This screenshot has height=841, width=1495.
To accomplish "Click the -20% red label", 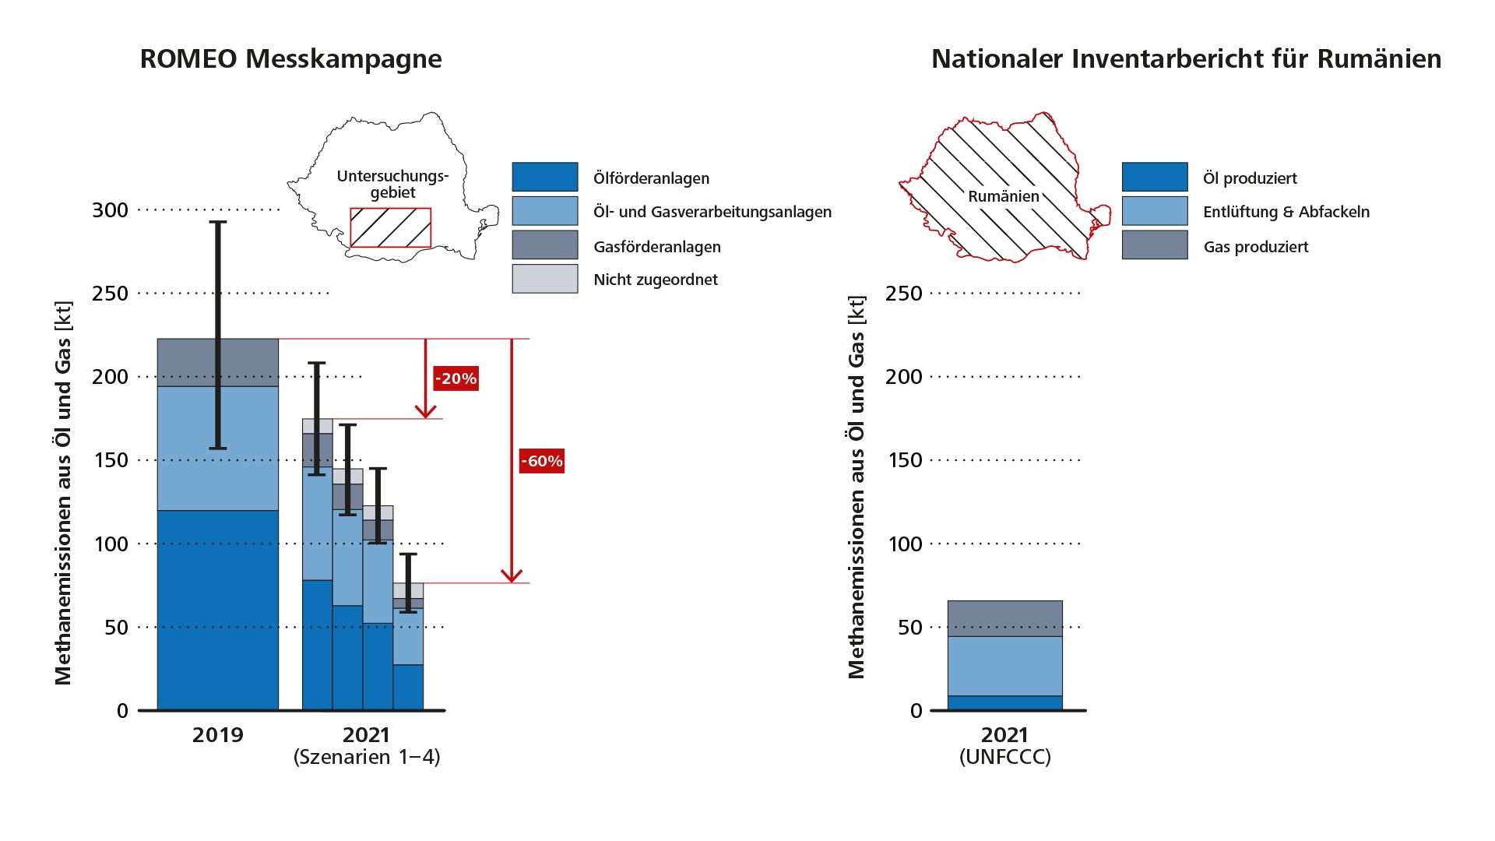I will (456, 379).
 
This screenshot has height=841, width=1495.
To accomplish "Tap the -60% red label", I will (541, 461).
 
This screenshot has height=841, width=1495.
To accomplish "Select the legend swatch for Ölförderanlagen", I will (544, 177).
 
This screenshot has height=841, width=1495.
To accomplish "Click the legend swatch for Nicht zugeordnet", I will (544, 279).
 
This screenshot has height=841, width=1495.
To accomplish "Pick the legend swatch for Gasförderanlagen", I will (544, 245).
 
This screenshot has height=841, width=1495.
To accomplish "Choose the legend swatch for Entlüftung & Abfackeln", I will (1154, 211).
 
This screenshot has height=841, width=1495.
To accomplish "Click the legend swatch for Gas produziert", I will (1154, 245).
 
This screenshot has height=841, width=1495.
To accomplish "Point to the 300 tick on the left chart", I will (110, 210).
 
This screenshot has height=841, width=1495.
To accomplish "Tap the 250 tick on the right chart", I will (903, 294).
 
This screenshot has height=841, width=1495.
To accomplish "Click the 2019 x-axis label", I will (218, 735).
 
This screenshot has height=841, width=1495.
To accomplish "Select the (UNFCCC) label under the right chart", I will (1004, 757).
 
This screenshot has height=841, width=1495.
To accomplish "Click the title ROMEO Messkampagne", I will (290, 59).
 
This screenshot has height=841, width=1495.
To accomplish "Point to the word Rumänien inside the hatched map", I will (1004, 196).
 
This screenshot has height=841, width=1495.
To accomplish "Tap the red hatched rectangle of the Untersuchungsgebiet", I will (390, 227).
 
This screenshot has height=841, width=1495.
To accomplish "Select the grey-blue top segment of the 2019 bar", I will (218, 362).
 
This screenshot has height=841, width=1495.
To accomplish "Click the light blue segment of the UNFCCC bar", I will (1004, 666).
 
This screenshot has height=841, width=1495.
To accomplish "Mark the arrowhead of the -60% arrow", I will (511, 577).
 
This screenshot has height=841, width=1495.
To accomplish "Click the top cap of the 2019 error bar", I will (218, 223).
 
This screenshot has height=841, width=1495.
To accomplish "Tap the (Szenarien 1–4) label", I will (367, 757).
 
